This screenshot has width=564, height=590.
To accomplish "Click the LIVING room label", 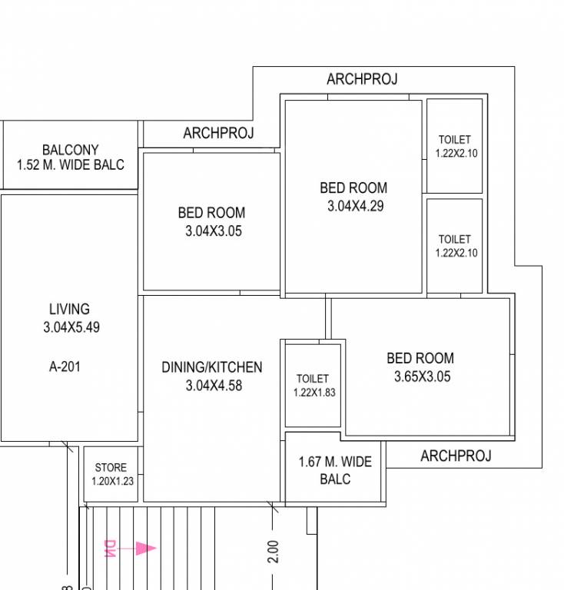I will [x=69, y=309].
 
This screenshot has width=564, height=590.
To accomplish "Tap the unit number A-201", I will [x=65, y=366].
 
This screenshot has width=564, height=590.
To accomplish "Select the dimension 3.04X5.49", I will [x=71, y=327].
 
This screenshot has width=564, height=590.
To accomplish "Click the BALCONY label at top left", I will [x=70, y=150].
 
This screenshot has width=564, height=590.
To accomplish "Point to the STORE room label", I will [x=111, y=468].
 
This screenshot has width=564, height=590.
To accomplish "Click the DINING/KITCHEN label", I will [x=211, y=367].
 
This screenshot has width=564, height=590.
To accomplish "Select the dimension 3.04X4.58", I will [x=214, y=386].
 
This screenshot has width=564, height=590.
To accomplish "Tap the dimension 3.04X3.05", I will [x=213, y=231].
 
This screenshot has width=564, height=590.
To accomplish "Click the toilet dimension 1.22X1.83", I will [x=314, y=392].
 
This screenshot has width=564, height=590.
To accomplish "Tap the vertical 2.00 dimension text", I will [x=274, y=551].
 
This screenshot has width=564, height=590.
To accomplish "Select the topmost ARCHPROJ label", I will [x=362, y=79].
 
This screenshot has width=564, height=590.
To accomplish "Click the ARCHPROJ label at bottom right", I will [x=456, y=456].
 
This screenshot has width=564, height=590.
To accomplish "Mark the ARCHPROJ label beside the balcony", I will [x=218, y=134].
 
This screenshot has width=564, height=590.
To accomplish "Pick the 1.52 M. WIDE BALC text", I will [x=70, y=164].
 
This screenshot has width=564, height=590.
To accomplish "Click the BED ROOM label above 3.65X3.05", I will [x=420, y=358].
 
